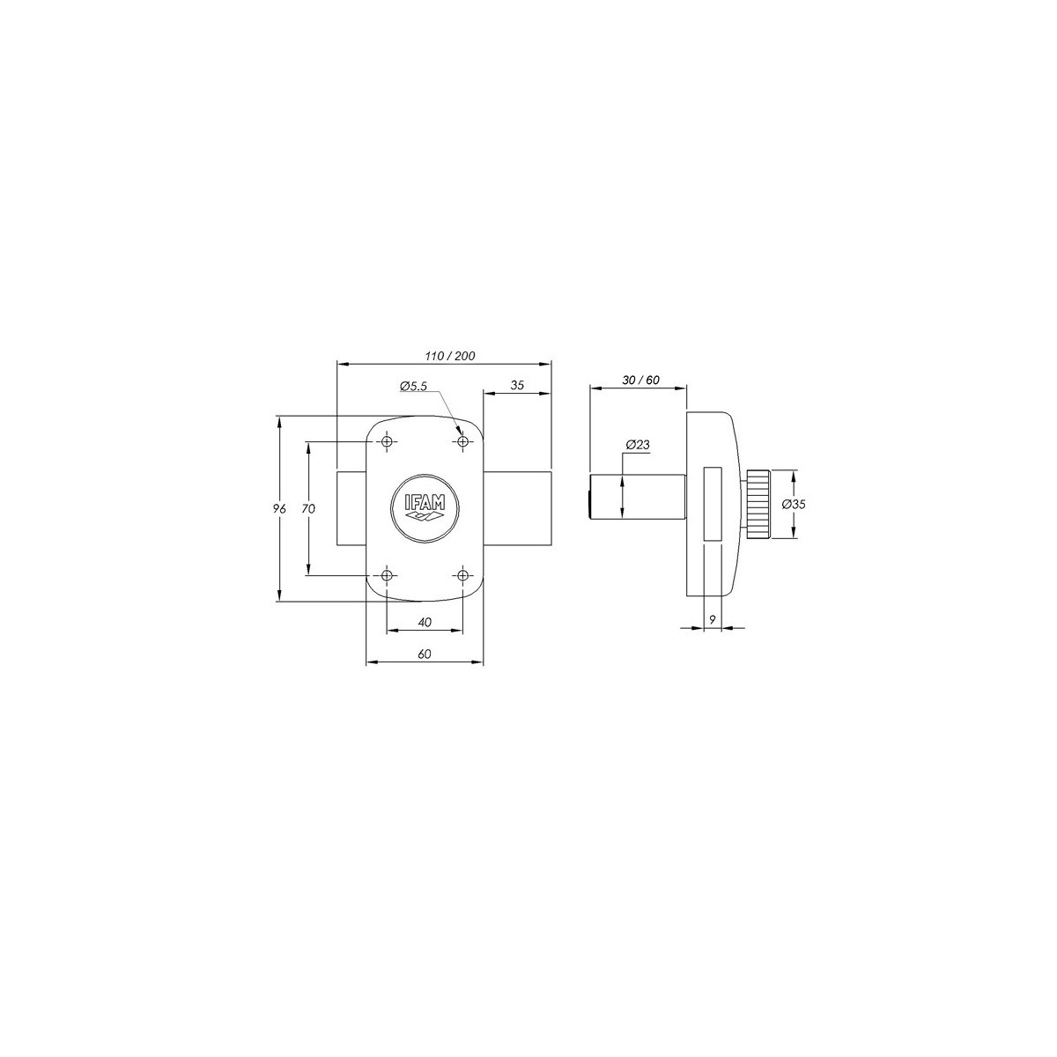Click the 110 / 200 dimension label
pyautogui.click(x=450, y=356)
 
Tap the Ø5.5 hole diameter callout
pyautogui.click(x=414, y=386)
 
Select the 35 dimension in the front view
pyautogui.click(x=517, y=385)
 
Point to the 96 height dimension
pyautogui.click(x=280, y=508)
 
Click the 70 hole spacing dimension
pyautogui.click(x=308, y=508)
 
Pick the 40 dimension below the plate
pyautogui.click(x=425, y=622)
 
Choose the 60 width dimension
pyautogui.click(x=425, y=654)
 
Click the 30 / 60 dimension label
pyautogui.click(x=641, y=381)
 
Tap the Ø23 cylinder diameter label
pyautogui.click(x=638, y=445)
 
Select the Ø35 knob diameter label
pyautogui.click(x=794, y=504)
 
